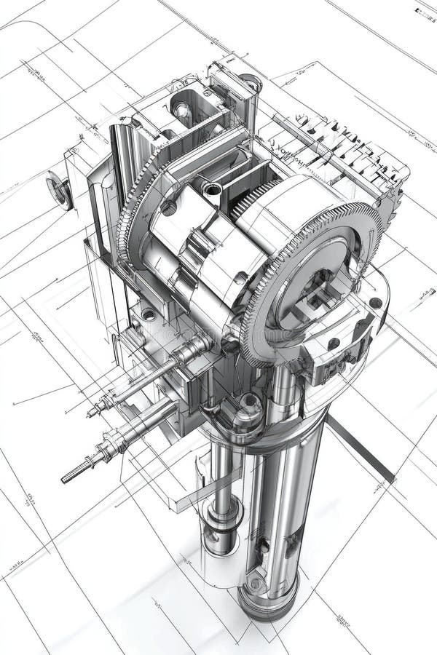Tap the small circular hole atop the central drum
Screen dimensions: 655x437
click(212, 189)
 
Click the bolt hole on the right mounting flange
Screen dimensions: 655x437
click(375, 303)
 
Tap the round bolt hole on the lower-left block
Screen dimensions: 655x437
click(149, 314)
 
